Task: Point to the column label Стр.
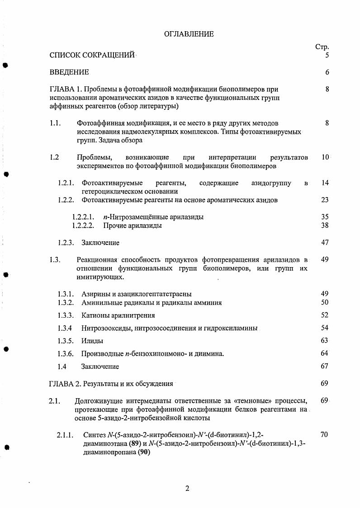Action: (x=322, y=47)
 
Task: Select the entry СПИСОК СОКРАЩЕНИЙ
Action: (x=92, y=55)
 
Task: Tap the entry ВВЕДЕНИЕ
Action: (x=69, y=72)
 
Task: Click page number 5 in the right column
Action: (x=327, y=55)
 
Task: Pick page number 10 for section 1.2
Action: (x=325, y=157)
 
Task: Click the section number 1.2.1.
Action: (x=66, y=183)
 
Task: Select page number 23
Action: (x=325, y=200)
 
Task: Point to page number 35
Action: (x=325, y=217)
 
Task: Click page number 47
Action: (x=325, y=242)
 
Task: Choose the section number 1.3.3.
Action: (x=66, y=315)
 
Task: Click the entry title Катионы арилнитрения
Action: (x=118, y=315)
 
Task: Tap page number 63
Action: (x=325, y=340)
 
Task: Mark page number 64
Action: (x=325, y=353)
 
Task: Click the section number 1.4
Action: (x=62, y=366)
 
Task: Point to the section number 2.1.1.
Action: (x=66, y=435)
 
